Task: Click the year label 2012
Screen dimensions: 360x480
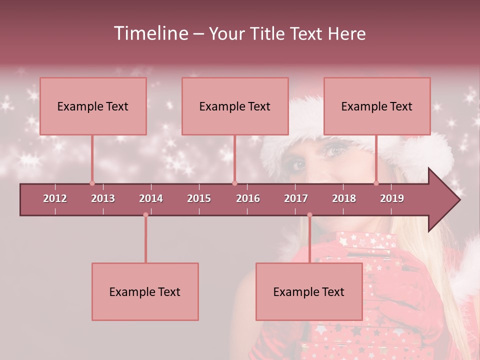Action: tap(55, 198)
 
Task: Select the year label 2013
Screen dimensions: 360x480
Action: tap(103, 198)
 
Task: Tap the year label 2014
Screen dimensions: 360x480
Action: tap(151, 198)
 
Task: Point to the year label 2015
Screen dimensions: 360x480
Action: tap(199, 198)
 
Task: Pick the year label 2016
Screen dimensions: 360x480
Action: tap(248, 198)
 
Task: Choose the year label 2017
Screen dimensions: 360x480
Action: tap(296, 198)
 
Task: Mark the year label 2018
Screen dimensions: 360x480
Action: tap(344, 198)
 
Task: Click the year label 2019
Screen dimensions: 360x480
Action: tap(392, 198)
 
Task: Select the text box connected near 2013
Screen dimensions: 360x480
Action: tap(93, 106)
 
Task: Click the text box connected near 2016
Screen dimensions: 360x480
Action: tap(235, 106)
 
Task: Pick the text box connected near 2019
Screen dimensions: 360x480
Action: tap(377, 106)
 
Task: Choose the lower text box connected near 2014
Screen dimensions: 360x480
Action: tap(145, 291)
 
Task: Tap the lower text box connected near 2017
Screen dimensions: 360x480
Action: tap(309, 291)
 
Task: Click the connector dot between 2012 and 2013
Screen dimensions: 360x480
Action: tap(92, 183)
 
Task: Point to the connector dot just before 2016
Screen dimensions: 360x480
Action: tap(234, 183)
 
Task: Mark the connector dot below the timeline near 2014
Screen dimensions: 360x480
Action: tap(145, 215)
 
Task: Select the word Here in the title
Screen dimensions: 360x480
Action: tap(346, 34)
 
